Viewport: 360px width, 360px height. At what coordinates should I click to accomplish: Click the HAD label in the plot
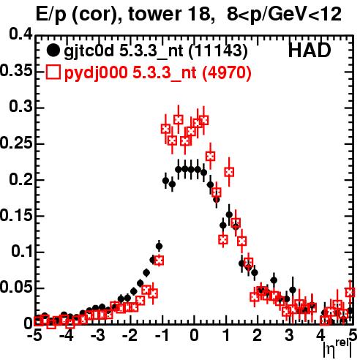[310, 50]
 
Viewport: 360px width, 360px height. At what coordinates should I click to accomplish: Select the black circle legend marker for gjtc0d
[53, 50]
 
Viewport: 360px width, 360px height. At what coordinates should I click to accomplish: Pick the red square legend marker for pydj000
[53, 72]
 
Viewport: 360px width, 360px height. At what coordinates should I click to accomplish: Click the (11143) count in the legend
[218, 51]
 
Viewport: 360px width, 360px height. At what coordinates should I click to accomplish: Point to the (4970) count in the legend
[227, 73]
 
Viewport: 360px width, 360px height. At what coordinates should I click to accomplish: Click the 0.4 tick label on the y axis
[20, 34]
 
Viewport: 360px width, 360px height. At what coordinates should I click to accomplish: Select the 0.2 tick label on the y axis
[20, 179]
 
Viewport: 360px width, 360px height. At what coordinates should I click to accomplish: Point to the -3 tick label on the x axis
[98, 335]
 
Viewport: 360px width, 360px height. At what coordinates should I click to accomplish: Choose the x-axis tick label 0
[194, 335]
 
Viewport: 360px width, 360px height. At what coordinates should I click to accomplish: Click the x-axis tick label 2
[258, 335]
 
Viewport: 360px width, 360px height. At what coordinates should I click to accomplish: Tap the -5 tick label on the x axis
[35, 335]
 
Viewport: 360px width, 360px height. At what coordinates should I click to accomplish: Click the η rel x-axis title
[337, 348]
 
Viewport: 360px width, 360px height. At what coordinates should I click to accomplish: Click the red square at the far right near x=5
[350, 292]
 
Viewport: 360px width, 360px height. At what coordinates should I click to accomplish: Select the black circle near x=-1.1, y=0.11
[159, 247]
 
